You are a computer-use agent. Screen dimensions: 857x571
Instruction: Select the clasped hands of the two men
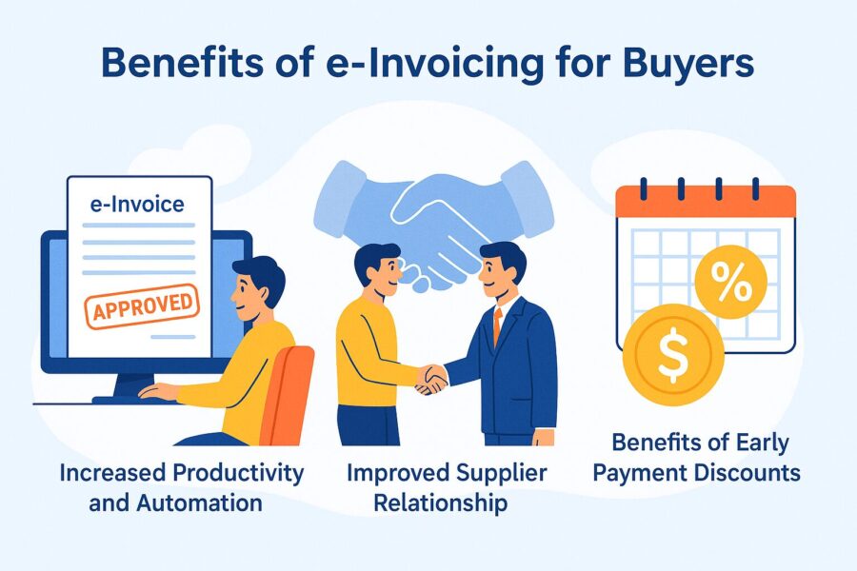(434, 378)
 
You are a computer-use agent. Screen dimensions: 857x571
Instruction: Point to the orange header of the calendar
(706, 200)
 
